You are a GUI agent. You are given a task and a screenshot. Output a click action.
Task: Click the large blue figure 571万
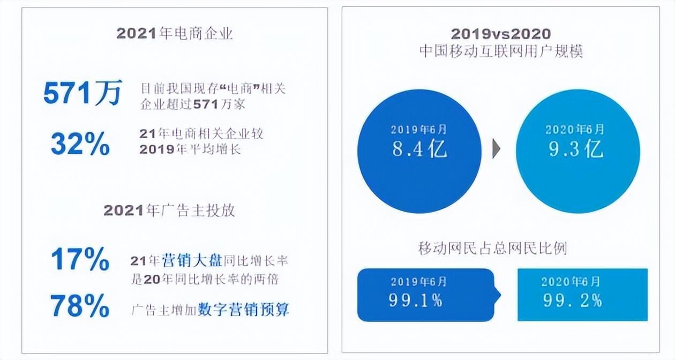point(82,93)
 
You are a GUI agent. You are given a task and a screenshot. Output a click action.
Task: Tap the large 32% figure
point(80,144)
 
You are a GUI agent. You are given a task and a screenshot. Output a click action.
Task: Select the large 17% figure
point(80,259)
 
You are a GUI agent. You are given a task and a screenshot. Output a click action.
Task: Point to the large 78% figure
point(80,305)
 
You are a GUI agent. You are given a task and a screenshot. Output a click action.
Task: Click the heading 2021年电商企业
point(175,33)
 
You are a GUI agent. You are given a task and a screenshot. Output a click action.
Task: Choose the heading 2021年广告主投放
point(169,211)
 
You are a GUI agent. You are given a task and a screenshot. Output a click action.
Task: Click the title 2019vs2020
point(501,34)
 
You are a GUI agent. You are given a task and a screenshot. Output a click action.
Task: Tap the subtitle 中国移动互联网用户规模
point(501,51)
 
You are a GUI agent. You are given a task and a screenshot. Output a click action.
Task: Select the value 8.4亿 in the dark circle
point(419,149)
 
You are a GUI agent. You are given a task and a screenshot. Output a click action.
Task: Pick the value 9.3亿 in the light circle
point(576,149)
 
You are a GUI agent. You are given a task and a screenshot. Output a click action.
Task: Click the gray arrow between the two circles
point(496,148)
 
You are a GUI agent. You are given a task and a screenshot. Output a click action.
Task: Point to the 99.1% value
point(416,301)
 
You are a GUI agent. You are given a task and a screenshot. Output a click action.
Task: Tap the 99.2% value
point(573,301)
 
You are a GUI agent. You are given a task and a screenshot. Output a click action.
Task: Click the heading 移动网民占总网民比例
point(492,249)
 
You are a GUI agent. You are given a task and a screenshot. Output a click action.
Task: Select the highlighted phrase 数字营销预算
point(243,310)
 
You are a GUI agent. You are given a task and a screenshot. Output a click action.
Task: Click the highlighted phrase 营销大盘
point(192,260)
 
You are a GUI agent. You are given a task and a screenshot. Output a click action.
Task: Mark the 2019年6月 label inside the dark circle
point(418,130)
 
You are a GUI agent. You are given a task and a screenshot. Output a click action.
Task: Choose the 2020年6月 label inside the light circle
point(575,130)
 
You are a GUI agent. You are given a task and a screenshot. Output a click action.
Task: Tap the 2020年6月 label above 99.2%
point(571,282)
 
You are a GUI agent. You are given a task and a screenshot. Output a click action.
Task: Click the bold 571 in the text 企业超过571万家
point(206,104)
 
